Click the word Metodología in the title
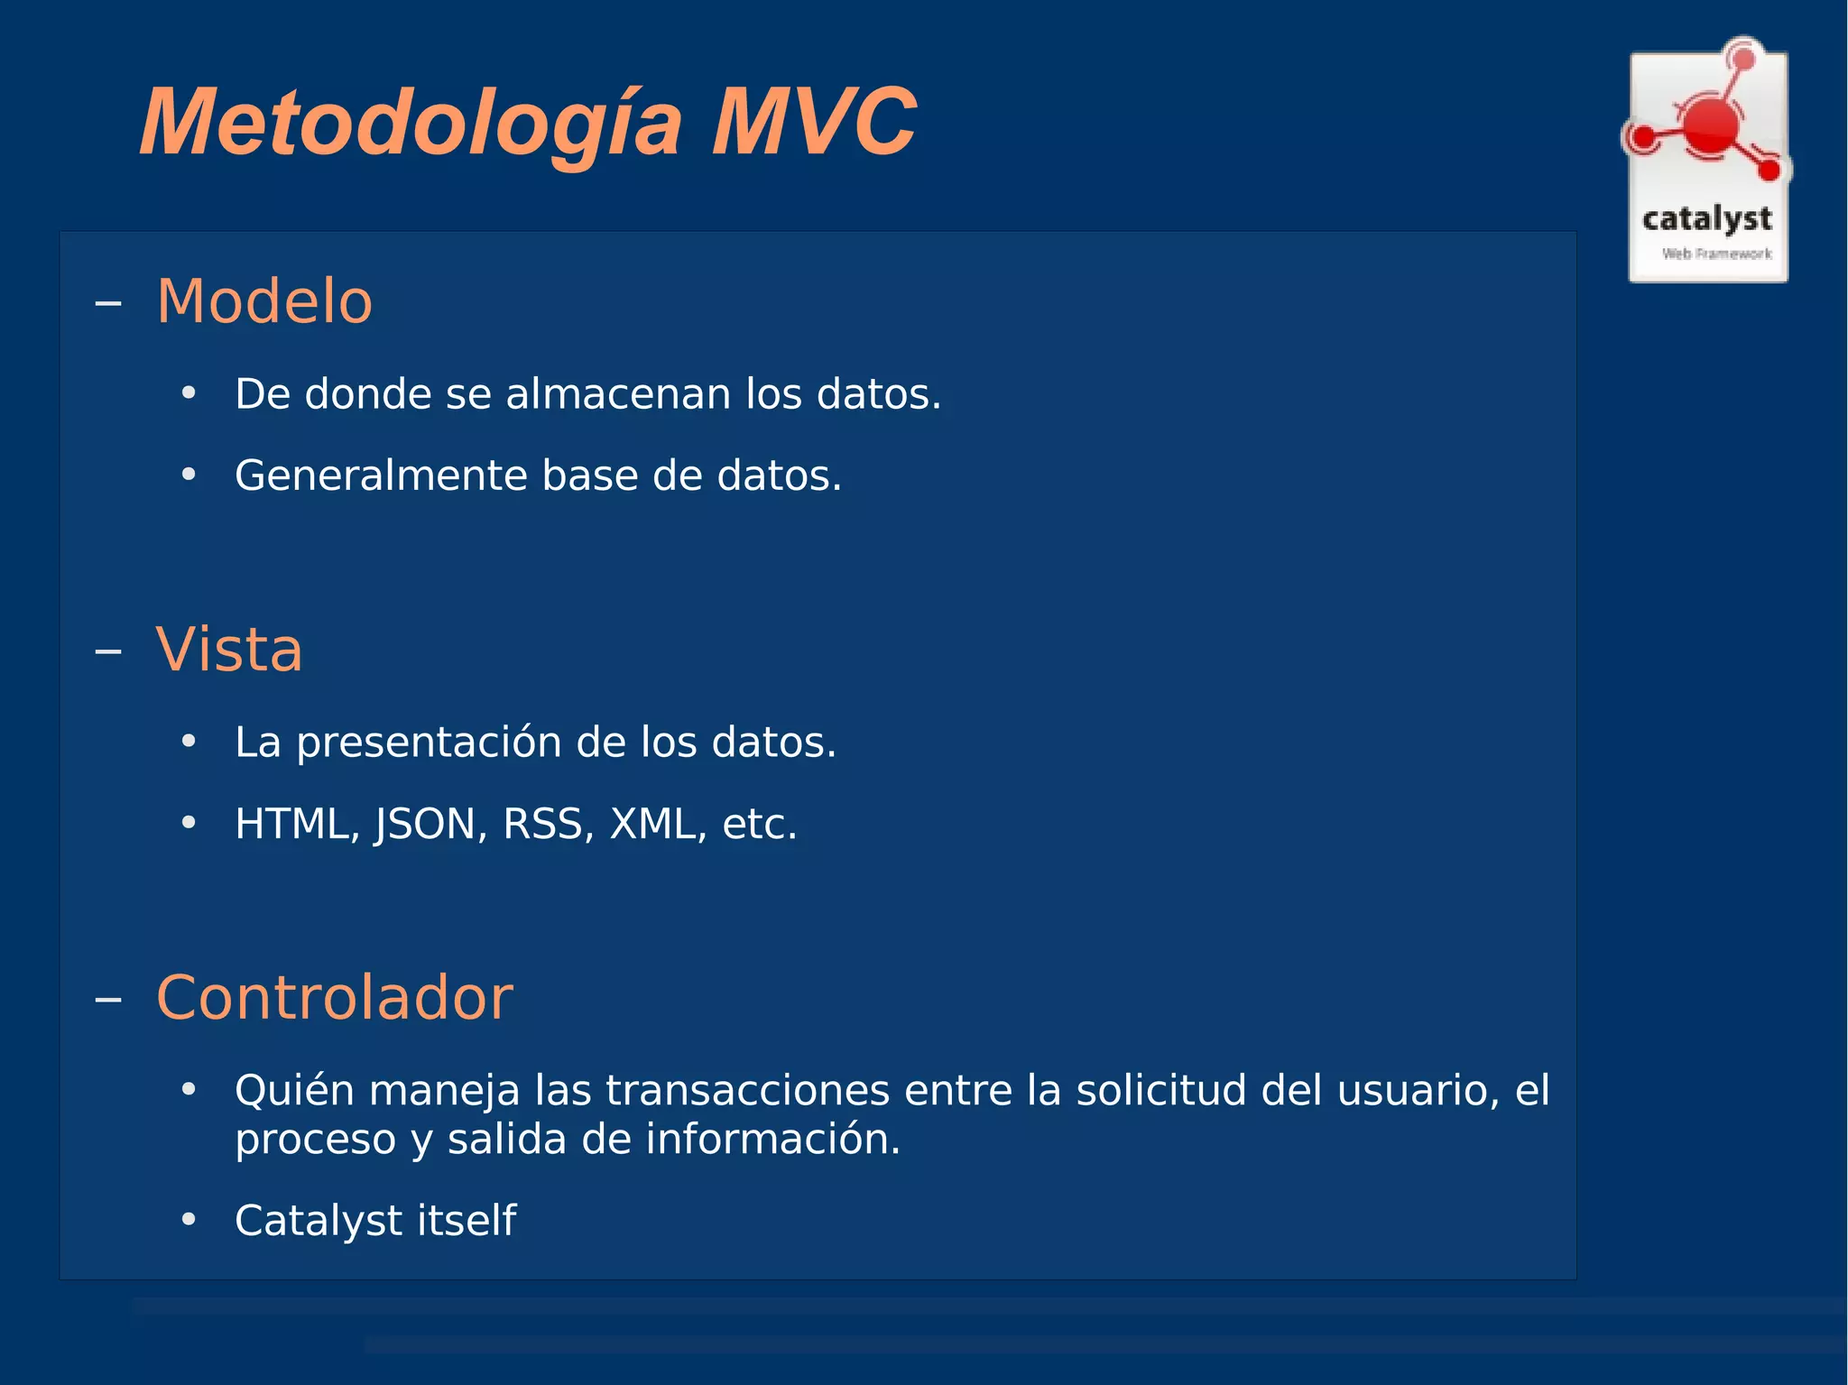point(411,124)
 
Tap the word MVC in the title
point(813,124)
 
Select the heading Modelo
point(264,301)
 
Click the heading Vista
point(229,650)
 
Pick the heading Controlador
point(334,998)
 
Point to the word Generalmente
point(381,476)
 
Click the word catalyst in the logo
point(1706,219)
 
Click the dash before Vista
point(108,651)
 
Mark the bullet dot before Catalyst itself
point(189,1220)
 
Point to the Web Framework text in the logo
point(1716,254)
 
